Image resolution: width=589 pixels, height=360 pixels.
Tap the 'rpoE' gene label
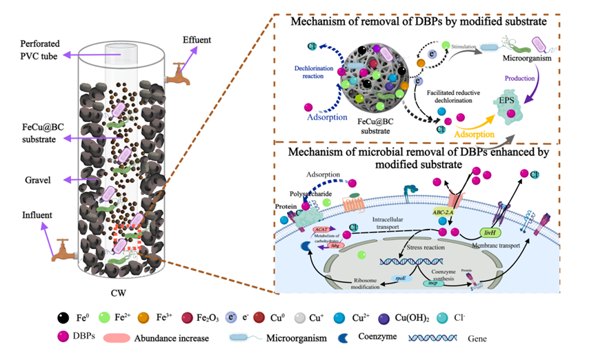tap(399, 278)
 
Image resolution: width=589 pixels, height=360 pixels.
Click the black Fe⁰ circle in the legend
tap(63, 318)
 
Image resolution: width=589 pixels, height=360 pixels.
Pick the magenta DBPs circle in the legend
tap(63, 338)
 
